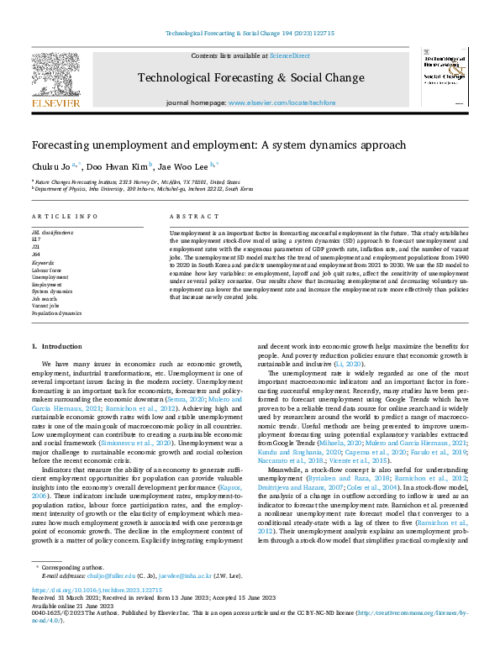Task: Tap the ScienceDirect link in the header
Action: point(289,55)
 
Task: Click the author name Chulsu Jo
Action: point(50,166)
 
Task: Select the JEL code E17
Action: point(35,239)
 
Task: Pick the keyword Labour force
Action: point(46,270)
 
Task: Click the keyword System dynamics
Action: point(51,291)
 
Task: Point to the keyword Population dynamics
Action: point(56,312)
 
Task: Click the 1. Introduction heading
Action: point(56,347)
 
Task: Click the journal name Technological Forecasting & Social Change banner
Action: point(250,78)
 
